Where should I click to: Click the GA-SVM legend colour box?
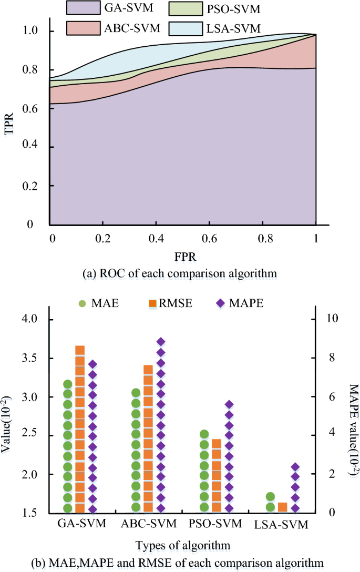[89, 8]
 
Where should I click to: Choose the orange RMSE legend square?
[153, 304]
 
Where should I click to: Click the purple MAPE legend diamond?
[220, 304]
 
